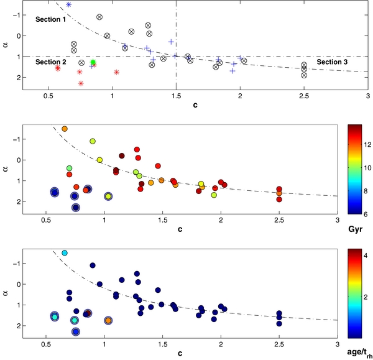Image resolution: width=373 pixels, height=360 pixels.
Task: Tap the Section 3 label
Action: click(332, 62)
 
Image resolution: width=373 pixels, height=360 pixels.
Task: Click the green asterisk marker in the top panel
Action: click(93, 62)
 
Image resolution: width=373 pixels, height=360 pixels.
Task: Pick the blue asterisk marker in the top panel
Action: click(68, 4)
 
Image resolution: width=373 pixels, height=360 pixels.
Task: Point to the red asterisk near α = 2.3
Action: click(81, 83)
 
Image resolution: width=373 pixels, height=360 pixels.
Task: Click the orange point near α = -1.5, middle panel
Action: click(65, 129)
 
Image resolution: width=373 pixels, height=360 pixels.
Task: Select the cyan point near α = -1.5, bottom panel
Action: click(65, 253)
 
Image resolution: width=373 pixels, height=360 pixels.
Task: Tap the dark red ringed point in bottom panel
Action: click(88, 313)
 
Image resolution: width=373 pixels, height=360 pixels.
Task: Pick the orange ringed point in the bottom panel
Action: click(108, 320)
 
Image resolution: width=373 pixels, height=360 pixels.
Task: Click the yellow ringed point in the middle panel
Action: click(108, 196)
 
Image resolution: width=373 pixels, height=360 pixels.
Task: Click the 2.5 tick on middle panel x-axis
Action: click(279, 221)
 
